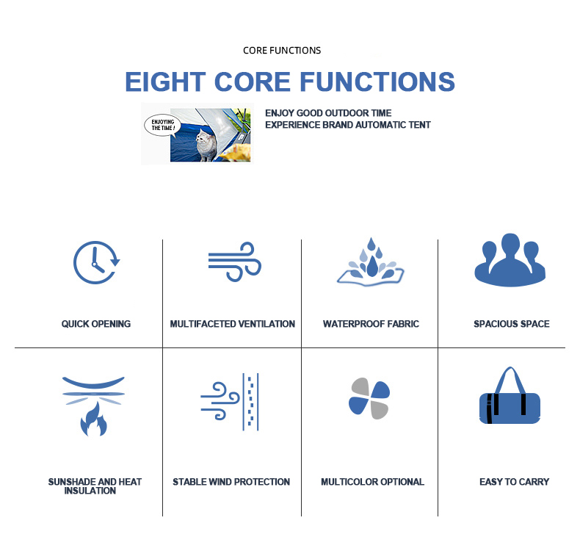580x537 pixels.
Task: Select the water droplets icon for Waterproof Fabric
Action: (371, 262)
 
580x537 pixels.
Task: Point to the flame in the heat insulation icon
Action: (93, 420)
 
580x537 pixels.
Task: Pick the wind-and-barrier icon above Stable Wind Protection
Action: (230, 402)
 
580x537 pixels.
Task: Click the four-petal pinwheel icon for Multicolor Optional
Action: (369, 399)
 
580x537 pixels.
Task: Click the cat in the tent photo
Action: (206, 145)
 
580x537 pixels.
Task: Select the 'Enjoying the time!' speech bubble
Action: (162, 125)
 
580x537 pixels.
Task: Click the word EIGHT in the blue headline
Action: (165, 82)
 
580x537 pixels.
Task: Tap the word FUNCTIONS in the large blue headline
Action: (377, 82)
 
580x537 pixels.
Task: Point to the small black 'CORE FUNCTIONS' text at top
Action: (282, 51)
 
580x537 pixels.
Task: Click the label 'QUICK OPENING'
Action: (95, 324)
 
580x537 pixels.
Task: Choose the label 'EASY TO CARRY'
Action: (514, 482)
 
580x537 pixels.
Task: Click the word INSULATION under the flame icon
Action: (90, 491)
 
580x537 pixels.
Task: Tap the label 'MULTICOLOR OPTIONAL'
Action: (372, 482)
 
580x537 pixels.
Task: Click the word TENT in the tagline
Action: (419, 125)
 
